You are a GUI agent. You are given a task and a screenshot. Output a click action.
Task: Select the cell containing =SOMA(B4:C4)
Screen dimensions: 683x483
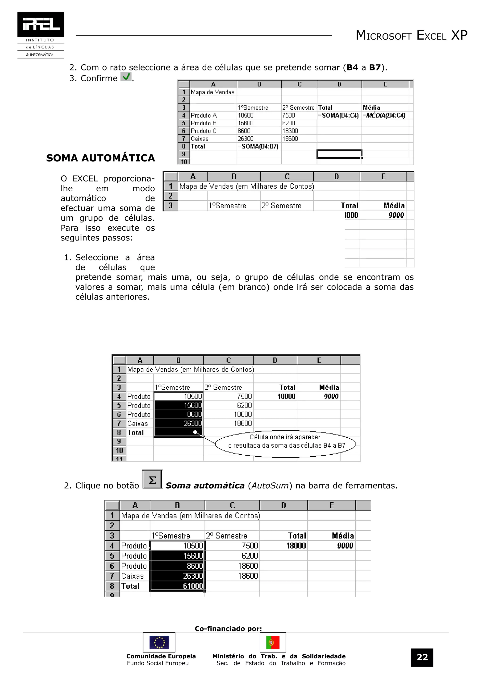(x=338, y=115)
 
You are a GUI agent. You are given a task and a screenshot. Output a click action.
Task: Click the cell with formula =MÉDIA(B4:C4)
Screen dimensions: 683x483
(x=384, y=115)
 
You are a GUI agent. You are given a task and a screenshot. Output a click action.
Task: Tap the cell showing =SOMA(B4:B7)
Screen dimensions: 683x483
(x=258, y=146)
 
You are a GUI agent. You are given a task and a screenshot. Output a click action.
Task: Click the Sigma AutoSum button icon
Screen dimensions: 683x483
(x=152, y=479)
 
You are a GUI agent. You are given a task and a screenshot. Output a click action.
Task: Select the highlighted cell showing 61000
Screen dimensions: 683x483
(x=178, y=586)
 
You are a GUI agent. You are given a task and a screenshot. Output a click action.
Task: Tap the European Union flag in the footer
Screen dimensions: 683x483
(x=159, y=642)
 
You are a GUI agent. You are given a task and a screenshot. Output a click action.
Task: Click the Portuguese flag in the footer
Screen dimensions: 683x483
(x=273, y=642)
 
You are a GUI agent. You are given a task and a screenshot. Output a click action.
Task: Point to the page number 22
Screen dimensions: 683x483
(x=422, y=657)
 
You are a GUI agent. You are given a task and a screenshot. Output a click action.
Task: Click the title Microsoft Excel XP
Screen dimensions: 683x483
(x=411, y=35)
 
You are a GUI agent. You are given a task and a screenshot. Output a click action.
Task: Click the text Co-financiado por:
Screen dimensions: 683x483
(x=228, y=629)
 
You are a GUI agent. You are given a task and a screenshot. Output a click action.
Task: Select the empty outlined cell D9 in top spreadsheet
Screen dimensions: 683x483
(x=339, y=154)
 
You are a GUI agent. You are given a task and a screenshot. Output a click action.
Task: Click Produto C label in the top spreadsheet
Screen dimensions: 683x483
(x=204, y=131)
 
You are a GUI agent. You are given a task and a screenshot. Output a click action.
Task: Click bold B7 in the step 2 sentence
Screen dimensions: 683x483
(x=375, y=68)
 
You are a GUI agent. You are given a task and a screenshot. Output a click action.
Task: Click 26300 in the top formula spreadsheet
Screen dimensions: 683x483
(x=246, y=139)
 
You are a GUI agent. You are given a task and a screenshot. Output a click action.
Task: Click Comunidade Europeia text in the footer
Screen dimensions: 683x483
(x=161, y=656)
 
